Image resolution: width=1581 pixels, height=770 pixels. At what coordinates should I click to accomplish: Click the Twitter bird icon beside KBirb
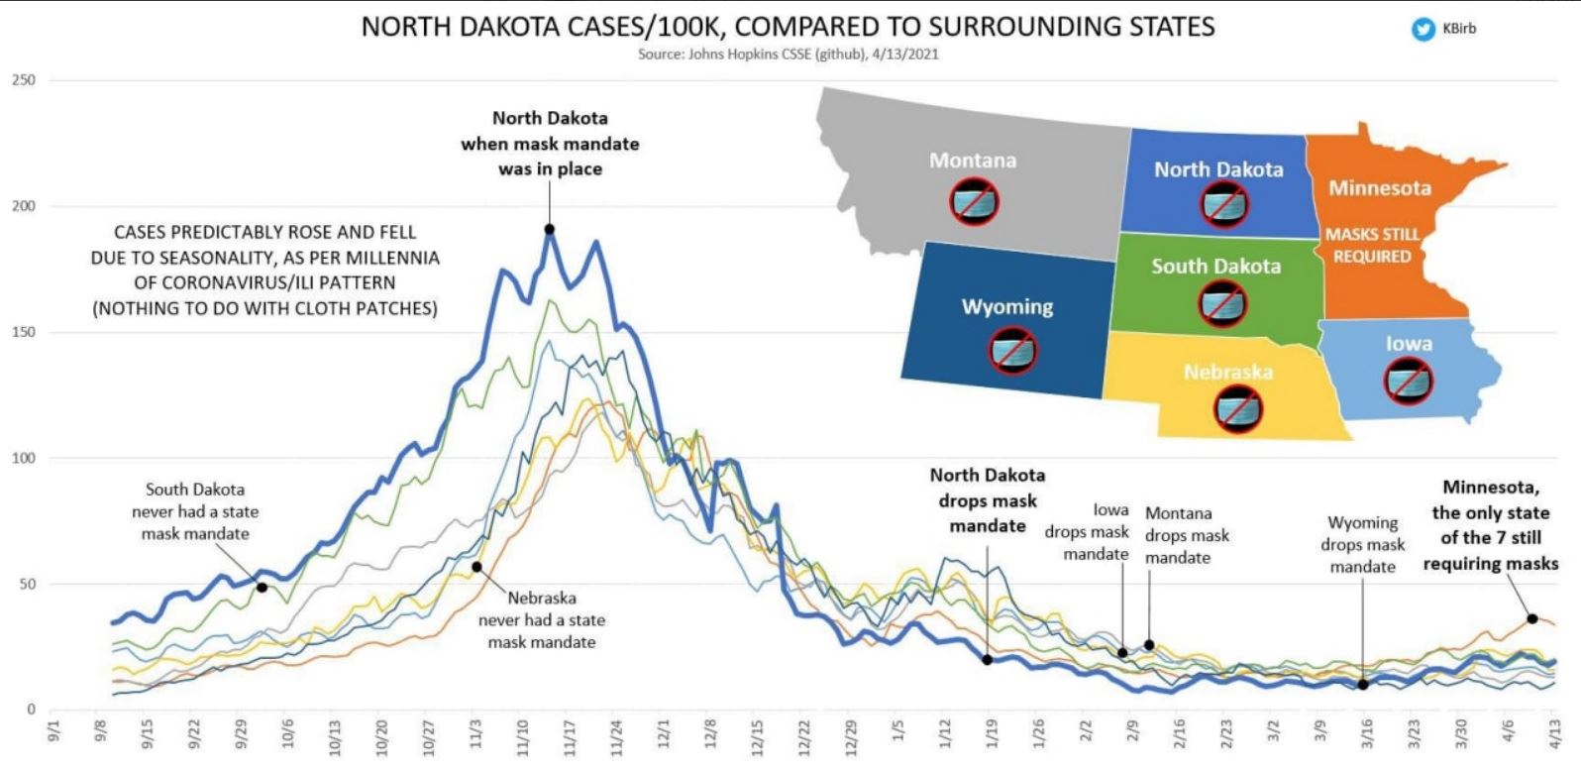pyautogui.click(x=1423, y=30)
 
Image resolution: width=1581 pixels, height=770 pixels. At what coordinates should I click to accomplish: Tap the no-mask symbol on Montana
pyautogui.click(x=975, y=202)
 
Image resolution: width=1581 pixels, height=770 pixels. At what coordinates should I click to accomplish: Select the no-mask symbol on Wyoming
pyautogui.click(x=1012, y=350)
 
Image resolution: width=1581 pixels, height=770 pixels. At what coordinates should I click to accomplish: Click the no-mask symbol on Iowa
pyautogui.click(x=1408, y=382)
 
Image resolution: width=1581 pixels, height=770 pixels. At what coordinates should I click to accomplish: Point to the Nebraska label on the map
pyautogui.click(x=1227, y=373)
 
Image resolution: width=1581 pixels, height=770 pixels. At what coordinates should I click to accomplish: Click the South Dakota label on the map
pyautogui.click(x=1215, y=266)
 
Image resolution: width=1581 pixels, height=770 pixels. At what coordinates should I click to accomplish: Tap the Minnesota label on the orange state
pyautogui.click(x=1379, y=187)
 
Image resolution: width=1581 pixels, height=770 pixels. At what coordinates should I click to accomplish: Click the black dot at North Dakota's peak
pyautogui.click(x=550, y=230)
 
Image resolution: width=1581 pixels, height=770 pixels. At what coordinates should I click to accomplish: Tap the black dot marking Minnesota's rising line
pyautogui.click(x=1531, y=618)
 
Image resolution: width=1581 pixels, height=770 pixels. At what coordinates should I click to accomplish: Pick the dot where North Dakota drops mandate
pyautogui.click(x=987, y=659)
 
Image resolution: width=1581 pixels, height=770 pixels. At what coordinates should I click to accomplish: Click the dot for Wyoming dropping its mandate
pyautogui.click(x=1363, y=685)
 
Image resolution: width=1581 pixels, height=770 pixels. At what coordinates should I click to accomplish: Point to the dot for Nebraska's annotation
pyautogui.click(x=476, y=567)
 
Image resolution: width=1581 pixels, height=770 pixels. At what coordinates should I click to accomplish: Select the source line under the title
pyautogui.click(x=788, y=55)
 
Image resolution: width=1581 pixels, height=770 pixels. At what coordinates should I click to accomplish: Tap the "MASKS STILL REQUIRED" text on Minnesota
pyautogui.click(x=1372, y=245)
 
